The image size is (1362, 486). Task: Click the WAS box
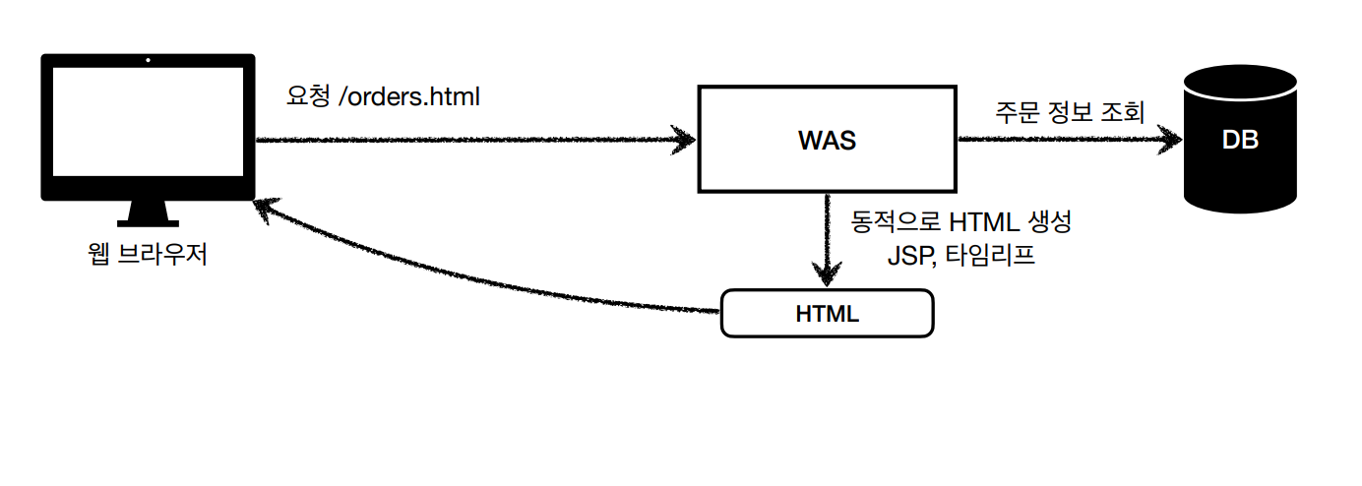827,139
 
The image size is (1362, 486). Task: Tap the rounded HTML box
827,314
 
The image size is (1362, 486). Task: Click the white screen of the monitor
147,122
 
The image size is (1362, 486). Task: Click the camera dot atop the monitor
148,60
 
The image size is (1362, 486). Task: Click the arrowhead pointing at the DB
1170,139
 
